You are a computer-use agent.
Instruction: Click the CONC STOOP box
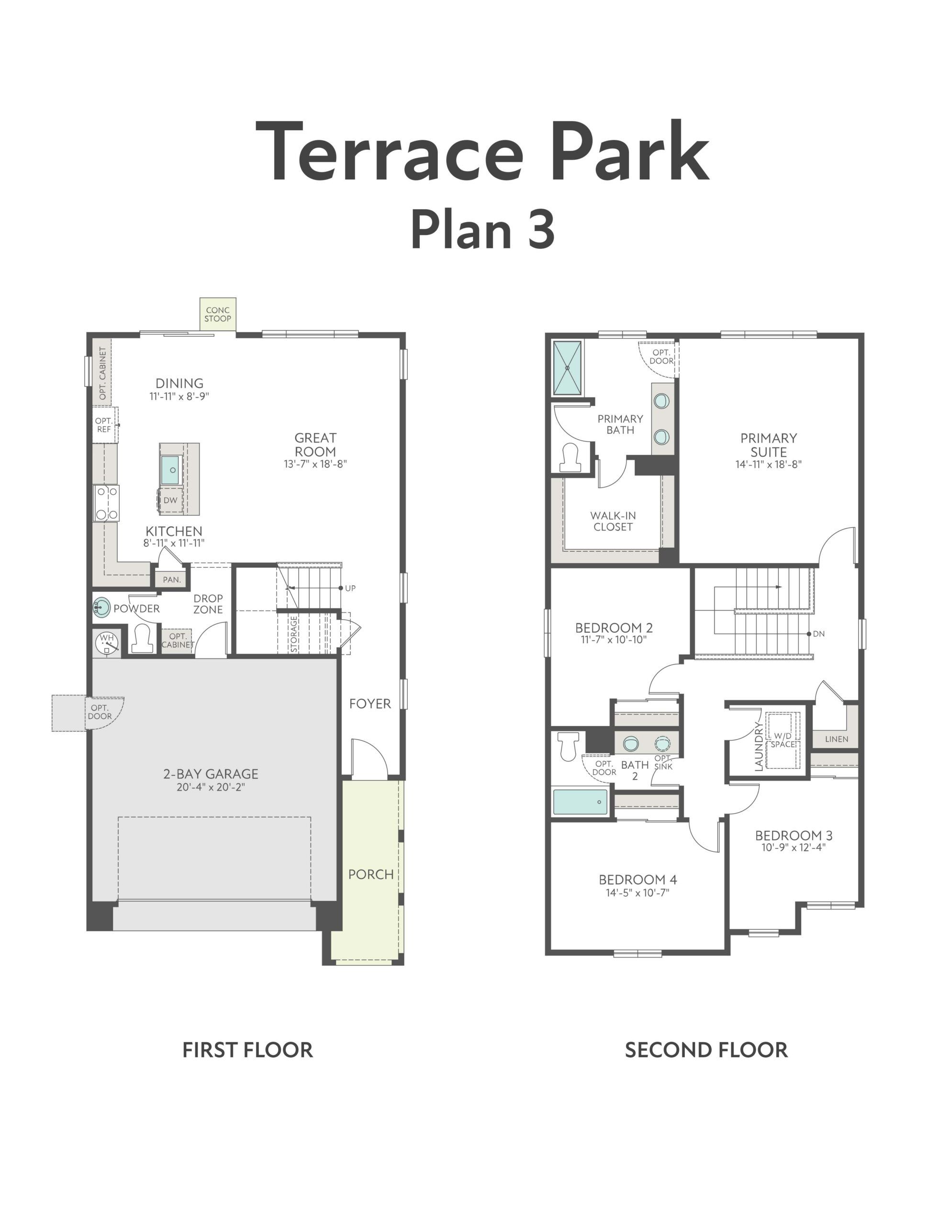coord(218,314)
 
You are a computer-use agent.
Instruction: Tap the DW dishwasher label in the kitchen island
coord(170,500)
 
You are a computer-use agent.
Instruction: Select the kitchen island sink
coord(170,469)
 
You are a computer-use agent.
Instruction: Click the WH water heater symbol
coord(107,643)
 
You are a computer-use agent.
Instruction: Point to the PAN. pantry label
coord(172,579)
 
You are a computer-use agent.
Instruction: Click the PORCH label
coord(370,874)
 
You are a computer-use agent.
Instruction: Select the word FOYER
coord(369,703)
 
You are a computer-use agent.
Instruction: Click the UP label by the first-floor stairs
coord(350,588)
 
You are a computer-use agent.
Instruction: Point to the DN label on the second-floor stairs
coord(819,634)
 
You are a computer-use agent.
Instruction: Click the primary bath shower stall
coord(567,367)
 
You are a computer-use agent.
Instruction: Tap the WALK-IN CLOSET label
coord(613,521)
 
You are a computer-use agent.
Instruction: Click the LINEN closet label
coord(836,739)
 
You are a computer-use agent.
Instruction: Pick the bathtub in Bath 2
coord(580,802)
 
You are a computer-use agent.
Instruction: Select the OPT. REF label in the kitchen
coord(104,425)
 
